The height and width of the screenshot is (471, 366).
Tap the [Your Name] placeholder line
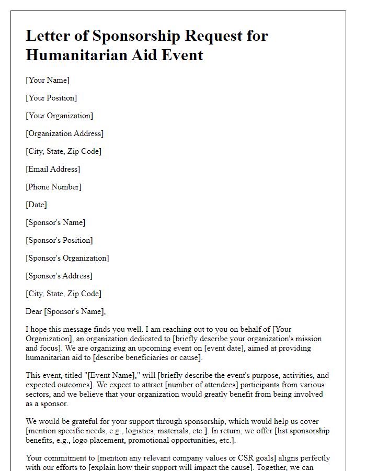tap(48, 80)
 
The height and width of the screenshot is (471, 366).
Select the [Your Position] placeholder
tap(51, 98)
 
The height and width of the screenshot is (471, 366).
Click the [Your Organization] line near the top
tap(59, 116)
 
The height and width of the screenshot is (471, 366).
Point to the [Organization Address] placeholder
tap(64, 133)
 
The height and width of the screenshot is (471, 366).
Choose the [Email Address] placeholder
tap(53, 169)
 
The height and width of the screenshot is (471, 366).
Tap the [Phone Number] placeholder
tap(53, 187)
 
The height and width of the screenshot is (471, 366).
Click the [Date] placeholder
tap(36, 205)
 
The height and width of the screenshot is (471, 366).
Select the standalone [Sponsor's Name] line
tap(55, 222)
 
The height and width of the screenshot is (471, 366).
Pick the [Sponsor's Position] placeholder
tap(59, 240)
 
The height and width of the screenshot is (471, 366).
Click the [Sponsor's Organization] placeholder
tap(67, 258)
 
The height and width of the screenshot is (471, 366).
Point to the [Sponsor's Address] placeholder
tap(59, 276)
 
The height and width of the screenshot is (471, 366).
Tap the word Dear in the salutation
tap(34, 311)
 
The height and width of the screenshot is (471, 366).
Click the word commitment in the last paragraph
tap(63, 458)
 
